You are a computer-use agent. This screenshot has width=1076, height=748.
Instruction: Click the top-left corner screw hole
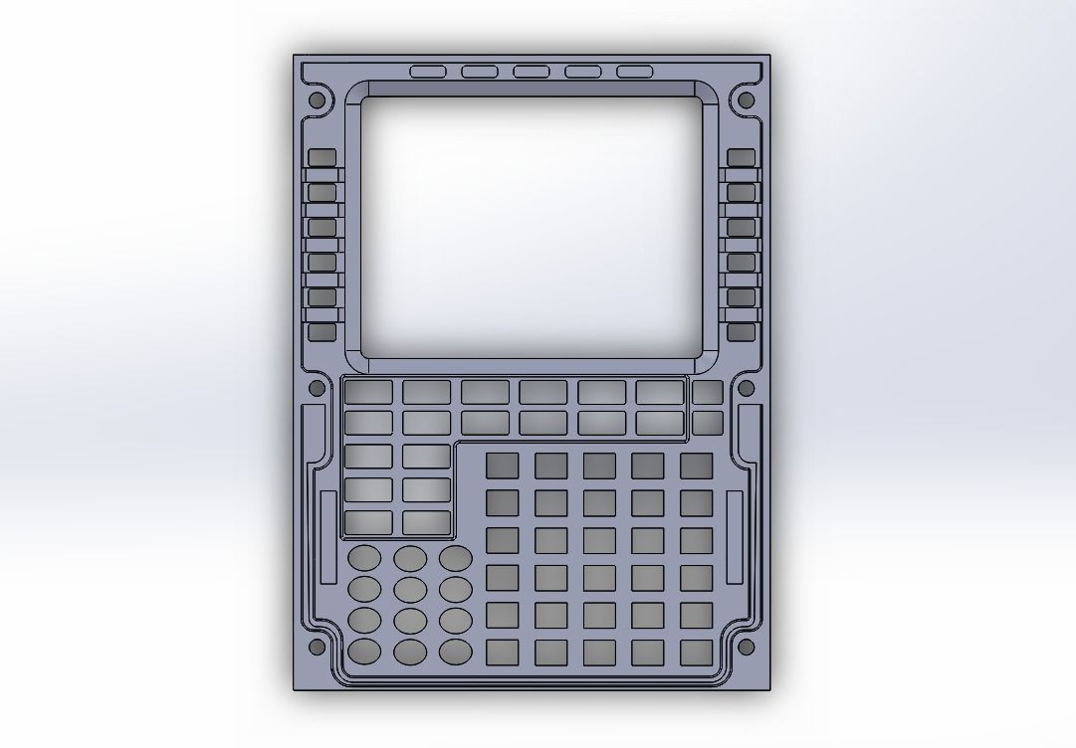[x=318, y=100]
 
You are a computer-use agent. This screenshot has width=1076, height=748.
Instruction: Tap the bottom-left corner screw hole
[x=318, y=647]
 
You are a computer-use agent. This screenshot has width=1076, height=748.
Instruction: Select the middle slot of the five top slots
[x=531, y=72]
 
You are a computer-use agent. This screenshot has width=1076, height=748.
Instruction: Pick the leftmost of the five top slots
[x=428, y=72]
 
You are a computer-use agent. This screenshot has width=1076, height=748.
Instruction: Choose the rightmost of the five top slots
[x=634, y=72]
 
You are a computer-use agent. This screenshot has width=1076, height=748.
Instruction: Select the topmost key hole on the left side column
[x=322, y=158]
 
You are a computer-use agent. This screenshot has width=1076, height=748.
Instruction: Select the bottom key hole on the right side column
[x=741, y=332]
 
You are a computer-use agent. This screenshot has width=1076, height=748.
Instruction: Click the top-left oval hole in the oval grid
[x=364, y=557]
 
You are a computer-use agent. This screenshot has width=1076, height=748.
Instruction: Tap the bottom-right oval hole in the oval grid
[x=456, y=652]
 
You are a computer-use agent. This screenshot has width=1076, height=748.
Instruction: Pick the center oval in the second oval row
[x=410, y=589]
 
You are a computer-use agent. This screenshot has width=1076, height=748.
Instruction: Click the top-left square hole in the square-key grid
[x=503, y=467]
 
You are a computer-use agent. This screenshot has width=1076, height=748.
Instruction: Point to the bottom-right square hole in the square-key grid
[x=697, y=653]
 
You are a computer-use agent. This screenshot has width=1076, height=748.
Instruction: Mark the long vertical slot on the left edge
[x=328, y=537]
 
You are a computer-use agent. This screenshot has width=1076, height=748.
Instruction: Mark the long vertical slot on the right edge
[x=735, y=537]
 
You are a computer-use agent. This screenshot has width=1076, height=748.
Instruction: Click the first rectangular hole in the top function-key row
[x=368, y=392]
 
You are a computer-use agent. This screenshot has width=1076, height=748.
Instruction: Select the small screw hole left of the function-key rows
[x=318, y=388]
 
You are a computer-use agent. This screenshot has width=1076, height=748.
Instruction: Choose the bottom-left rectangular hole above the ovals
[x=368, y=521]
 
